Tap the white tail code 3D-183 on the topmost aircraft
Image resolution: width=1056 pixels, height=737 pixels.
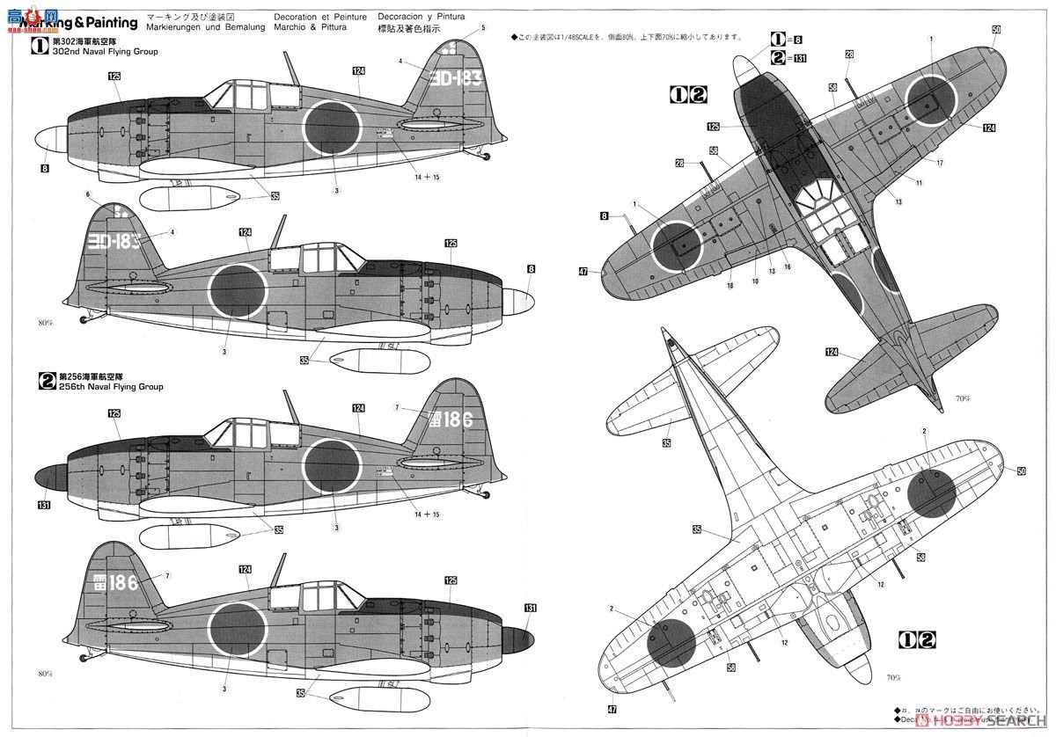458,78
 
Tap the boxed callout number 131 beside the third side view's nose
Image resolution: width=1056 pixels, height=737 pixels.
44,505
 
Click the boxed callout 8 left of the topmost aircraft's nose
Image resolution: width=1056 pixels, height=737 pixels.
43,168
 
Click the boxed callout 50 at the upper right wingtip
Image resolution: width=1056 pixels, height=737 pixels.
996,30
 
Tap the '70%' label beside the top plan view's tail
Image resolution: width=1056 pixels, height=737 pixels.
961,398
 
